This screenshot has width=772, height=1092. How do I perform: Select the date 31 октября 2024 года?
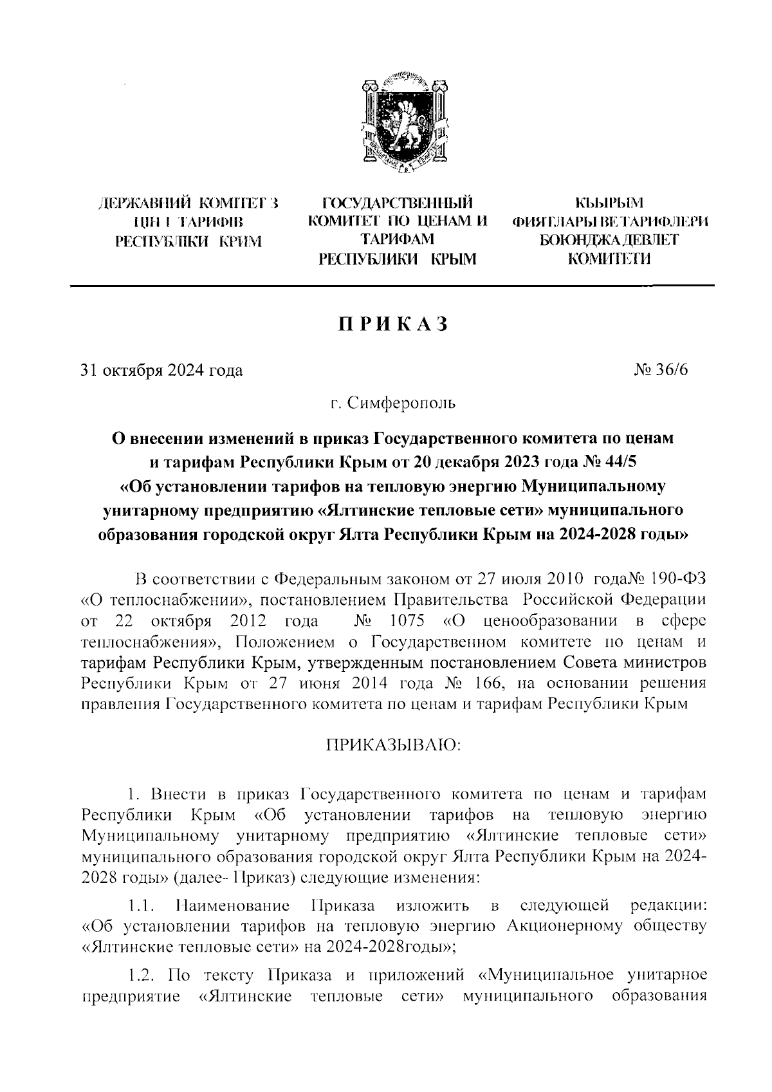pyautogui.click(x=161, y=371)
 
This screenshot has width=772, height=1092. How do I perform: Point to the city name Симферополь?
pyautogui.click(x=401, y=404)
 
